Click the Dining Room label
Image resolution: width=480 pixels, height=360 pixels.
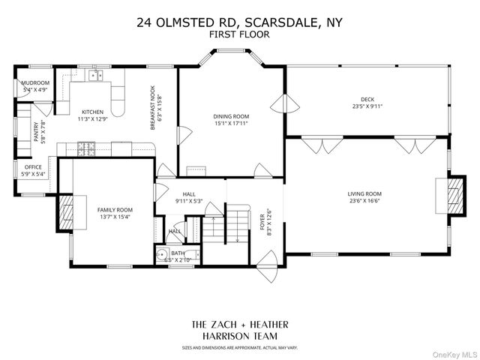point(230,116)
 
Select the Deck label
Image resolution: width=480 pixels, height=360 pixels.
point(367,98)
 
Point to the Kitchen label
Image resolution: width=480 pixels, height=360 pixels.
point(92,111)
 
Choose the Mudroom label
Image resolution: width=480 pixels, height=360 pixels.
point(35,82)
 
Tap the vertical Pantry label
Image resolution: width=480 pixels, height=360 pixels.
point(35,130)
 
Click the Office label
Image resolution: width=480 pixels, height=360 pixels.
point(33,167)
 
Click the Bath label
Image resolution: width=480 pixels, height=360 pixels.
point(177,253)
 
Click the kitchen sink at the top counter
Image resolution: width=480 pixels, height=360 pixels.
point(94,75)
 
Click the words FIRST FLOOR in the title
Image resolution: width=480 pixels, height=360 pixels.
point(239,34)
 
